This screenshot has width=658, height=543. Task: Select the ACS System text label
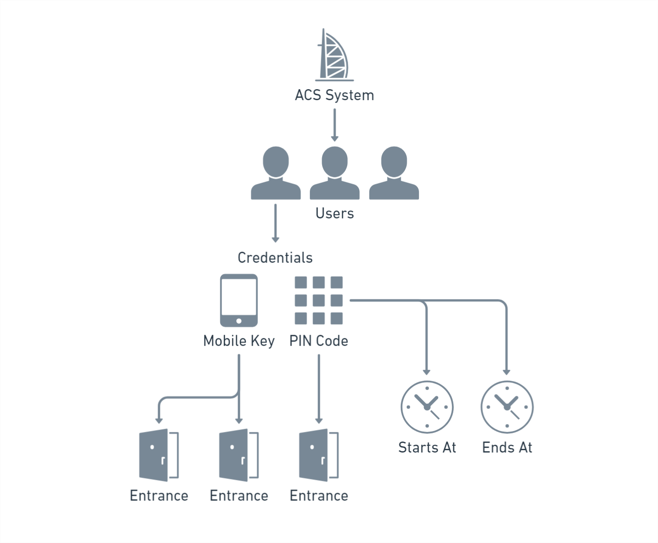point(334,95)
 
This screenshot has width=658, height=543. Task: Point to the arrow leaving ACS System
point(334,124)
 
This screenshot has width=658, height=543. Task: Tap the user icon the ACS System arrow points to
point(334,174)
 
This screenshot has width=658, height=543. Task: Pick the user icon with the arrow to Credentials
point(276,174)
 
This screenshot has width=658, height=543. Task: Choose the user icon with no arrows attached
point(394,174)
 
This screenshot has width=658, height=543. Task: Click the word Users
point(334,213)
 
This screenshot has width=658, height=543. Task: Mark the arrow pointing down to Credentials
point(275,223)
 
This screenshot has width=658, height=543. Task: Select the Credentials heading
point(275,258)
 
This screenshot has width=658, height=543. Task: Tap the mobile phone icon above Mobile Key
point(239,300)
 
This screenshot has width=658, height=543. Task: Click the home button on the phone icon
point(239,321)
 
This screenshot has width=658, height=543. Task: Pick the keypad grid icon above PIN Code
point(318,300)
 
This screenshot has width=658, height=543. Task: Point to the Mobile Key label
point(239,341)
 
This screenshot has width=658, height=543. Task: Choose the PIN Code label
point(318,341)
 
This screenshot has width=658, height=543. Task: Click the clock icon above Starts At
point(427,407)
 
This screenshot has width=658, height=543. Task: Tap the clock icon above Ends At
point(507,407)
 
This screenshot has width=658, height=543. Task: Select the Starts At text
point(427,447)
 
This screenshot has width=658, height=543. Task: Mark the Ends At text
point(507,447)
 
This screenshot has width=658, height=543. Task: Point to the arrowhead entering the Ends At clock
point(506,372)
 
